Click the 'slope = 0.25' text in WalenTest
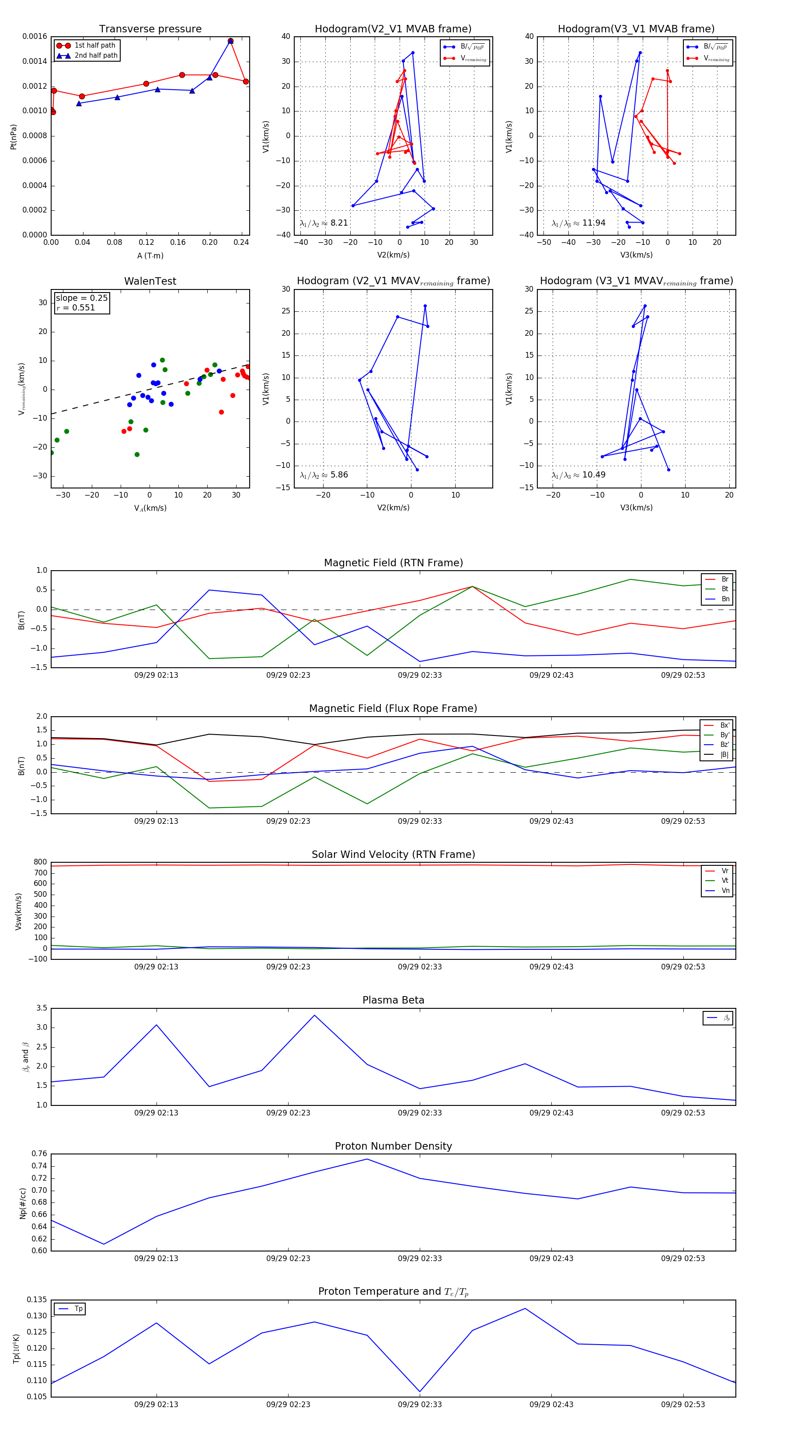82,298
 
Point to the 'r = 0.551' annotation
76,307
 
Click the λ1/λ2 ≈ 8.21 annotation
324,223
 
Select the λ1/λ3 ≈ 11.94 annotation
578,223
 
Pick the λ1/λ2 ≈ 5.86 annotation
324,475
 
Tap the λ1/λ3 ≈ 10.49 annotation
578,475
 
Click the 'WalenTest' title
150,281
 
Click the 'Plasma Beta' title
393,1000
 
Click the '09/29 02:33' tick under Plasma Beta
420,1112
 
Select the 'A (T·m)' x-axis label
150,256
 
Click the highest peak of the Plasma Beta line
314,1015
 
